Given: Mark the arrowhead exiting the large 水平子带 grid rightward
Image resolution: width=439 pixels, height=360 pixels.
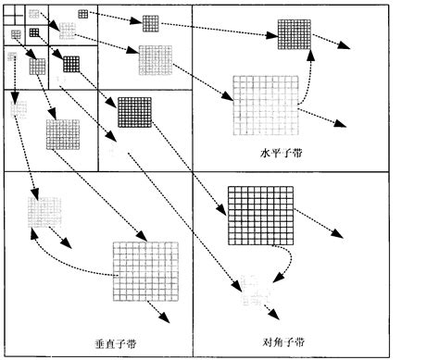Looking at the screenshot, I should coord(345,123).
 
